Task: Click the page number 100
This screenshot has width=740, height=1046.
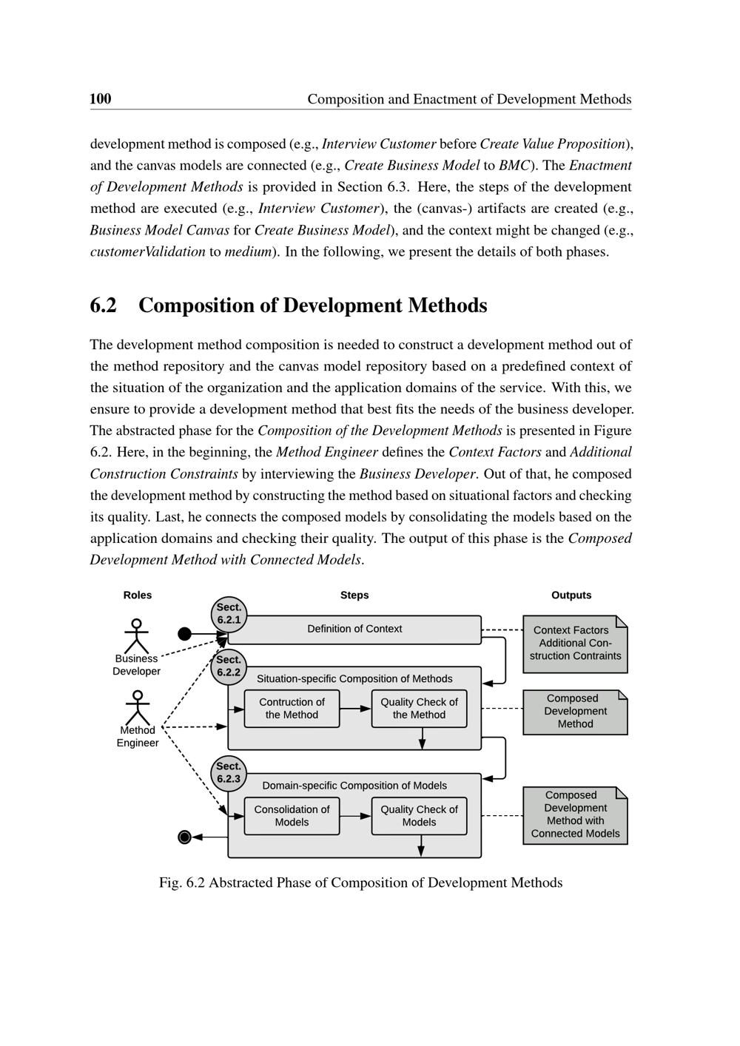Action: [101, 99]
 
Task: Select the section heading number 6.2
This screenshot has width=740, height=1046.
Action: [104, 306]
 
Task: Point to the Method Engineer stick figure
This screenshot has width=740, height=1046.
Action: [137, 708]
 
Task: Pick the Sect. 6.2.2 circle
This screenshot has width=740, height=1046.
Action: [229, 666]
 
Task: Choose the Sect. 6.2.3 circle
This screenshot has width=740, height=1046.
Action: [229, 773]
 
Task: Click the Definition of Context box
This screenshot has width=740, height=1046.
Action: [355, 630]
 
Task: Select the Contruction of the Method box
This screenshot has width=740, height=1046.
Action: [292, 709]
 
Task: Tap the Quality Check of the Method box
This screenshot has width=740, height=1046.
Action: [419, 709]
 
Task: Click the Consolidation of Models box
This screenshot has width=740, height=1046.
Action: [292, 816]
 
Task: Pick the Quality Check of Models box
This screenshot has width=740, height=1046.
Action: [419, 816]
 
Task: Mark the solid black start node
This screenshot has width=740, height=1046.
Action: [185, 634]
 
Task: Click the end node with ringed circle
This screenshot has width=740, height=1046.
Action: [185, 837]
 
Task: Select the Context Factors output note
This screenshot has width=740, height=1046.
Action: [575, 644]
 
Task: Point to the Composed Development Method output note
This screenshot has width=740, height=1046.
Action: [575, 712]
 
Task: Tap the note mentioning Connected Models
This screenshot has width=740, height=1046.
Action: [575, 815]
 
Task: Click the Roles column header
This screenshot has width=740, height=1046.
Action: [138, 595]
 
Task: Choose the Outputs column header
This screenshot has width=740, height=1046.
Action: [571, 595]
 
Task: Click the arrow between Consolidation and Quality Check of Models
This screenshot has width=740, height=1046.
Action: [355, 816]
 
